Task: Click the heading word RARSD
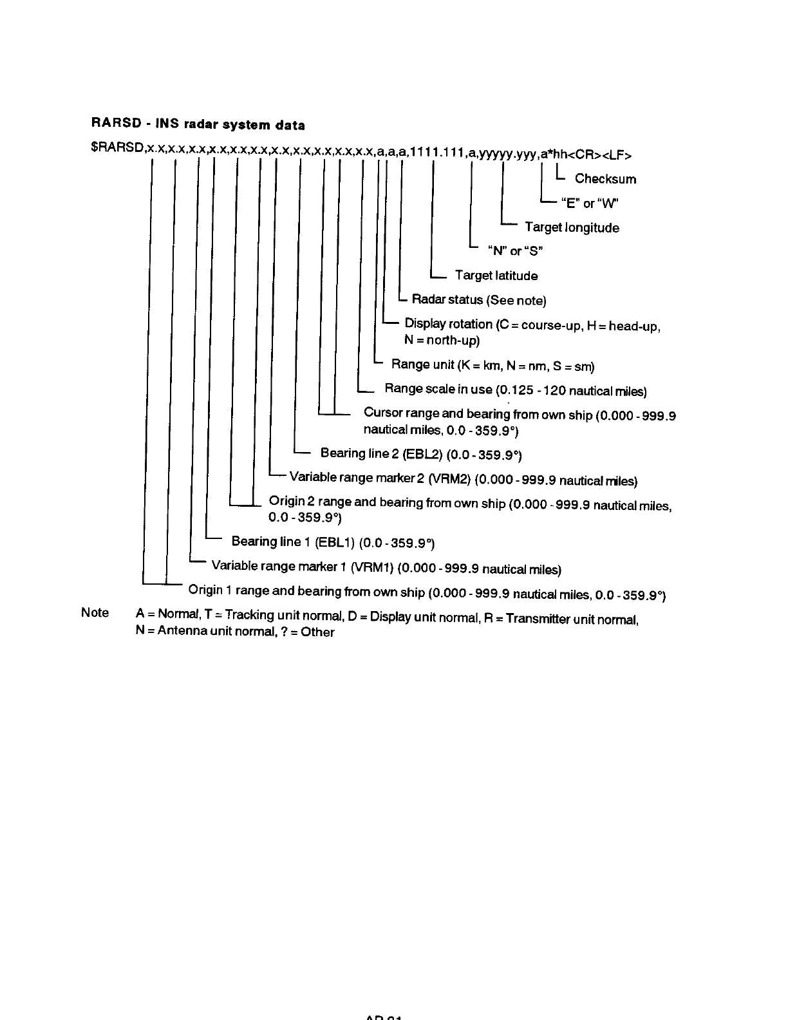coord(111,123)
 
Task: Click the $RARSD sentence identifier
coord(117,149)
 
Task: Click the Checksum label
coord(605,179)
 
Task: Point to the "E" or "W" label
coord(590,203)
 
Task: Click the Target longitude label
coord(572,227)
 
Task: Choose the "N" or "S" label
coord(516,250)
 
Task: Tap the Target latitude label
coord(496,276)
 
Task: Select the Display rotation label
coord(448,324)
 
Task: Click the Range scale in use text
coord(438,389)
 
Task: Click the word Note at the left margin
coord(95,612)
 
